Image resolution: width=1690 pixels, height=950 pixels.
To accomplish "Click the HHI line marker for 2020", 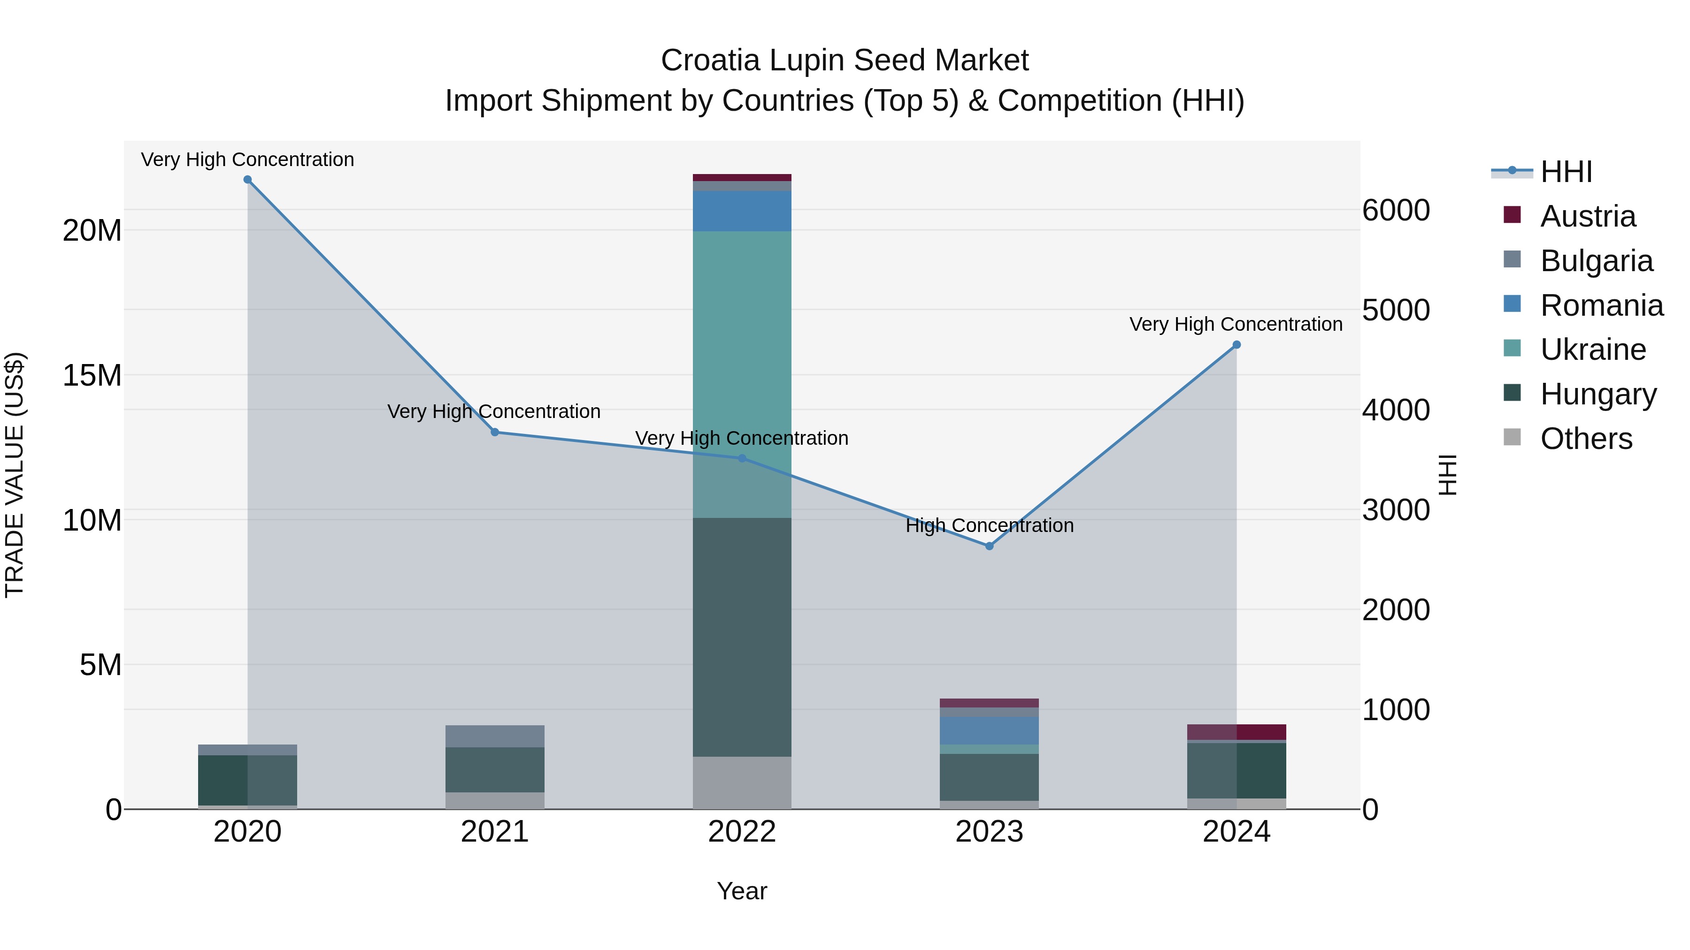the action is click(x=247, y=180).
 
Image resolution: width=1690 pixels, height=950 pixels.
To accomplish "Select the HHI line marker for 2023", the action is click(x=989, y=546).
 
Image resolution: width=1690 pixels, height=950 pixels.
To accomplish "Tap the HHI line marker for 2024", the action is click(x=1237, y=345).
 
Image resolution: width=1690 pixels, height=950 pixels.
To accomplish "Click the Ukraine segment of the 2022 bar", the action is click(x=742, y=374).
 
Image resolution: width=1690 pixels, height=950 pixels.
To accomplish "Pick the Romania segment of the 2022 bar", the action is click(x=742, y=211).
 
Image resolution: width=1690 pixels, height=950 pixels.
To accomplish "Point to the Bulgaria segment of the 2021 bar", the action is click(x=495, y=736).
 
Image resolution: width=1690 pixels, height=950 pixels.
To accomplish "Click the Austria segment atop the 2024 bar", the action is click(x=1237, y=732).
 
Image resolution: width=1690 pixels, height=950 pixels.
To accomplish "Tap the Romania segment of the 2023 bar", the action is click(x=989, y=730).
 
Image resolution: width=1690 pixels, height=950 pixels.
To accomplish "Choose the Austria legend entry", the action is click(x=1588, y=216).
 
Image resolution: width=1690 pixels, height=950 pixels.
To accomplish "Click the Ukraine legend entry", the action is click(x=1593, y=350).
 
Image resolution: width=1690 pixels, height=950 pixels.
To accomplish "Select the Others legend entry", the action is click(x=1586, y=439).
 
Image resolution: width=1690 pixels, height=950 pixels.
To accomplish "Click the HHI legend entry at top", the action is click(x=1566, y=172).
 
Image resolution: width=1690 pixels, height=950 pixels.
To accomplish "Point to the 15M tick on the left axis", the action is click(x=92, y=376).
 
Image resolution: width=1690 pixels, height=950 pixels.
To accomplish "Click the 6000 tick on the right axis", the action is click(x=1396, y=211).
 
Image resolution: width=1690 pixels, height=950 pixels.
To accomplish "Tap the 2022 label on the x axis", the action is click(x=742, y=832).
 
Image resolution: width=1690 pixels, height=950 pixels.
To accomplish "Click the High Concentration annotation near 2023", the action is click(x=989, y=525).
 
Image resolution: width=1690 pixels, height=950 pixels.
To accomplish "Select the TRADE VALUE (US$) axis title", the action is click(x=15, y=475).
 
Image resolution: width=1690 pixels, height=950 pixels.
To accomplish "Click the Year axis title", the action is click(x=742, y=891).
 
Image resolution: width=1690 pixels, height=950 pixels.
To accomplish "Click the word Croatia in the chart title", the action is click(x=711, y=61).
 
